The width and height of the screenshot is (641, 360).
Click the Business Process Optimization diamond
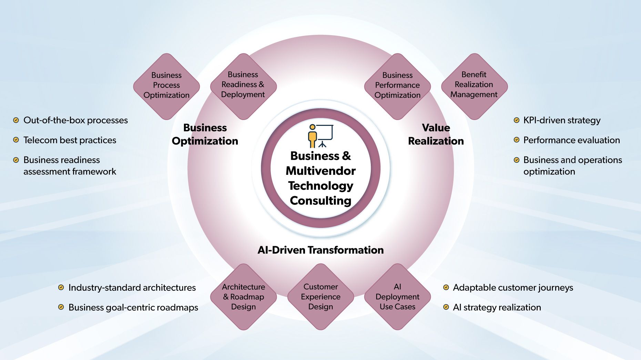tap(166, 86)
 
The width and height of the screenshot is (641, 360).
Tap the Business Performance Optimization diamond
tap(397, 86)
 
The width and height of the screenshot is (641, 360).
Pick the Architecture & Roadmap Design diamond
tap(243, 297)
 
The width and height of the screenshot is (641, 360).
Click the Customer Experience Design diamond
tap(320, 297)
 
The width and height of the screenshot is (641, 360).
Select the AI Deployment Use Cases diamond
tap(397, 297)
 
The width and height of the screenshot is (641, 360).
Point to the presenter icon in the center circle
tap(320, 136)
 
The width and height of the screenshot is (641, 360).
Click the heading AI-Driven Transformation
tap(320, 250)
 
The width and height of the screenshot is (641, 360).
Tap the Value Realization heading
tap(436, 134)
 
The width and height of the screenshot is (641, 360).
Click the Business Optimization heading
tap(205, 134)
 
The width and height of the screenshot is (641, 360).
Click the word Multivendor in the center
tap(320, 171)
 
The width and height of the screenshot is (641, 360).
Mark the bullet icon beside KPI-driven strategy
tap(516, 120)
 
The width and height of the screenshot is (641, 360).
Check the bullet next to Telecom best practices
tap(16, 140)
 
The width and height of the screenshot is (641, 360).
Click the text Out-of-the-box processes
tap(75, 120)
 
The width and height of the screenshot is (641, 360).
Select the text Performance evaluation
tap(571, 140)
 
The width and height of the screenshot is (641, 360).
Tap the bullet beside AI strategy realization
tap(446, 307)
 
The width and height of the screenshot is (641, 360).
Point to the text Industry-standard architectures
tap(132, 288)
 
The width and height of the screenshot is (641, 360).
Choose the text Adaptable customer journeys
tap(513, 288)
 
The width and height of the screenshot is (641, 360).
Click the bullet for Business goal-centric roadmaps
tap(61, 307)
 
